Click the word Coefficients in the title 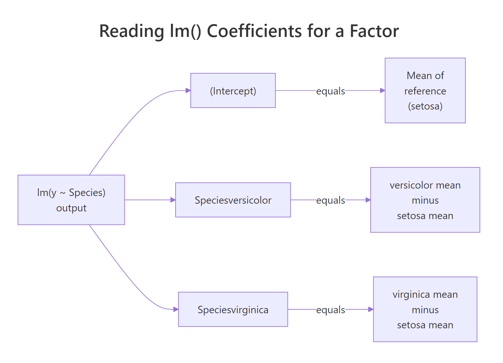point(254,31)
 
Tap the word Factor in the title point(374,31)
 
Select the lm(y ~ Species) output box point(71,200)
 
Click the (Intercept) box point(233,91)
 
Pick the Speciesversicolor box point(233,200)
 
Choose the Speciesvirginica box point(233,309)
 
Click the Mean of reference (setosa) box point(425,91)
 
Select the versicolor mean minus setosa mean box point(425,200)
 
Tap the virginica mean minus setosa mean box point(425,309)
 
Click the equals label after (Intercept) point(330,91)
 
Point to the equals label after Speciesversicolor point(330,200)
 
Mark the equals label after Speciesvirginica point(330,310)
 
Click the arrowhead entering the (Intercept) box point(188,91)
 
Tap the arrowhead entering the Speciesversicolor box point(173,200)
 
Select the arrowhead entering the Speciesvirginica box point(176,309)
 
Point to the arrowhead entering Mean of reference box point(382,91)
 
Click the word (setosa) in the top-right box point(425,106)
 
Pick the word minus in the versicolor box point(425,200)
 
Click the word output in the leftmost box point(71,208)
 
